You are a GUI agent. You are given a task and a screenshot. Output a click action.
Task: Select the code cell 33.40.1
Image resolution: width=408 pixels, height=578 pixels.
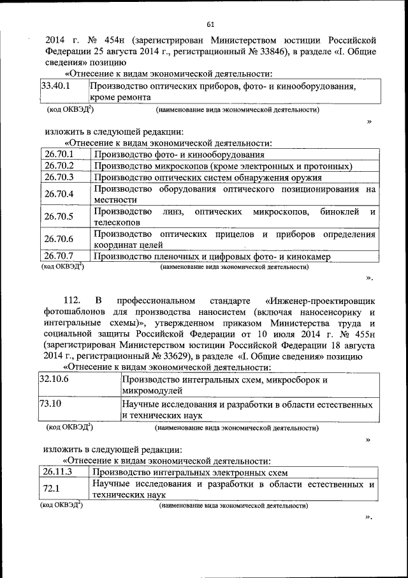(x=55, y=85)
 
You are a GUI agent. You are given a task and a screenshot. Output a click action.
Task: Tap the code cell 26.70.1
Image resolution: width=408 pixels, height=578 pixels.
(x=59, y=155)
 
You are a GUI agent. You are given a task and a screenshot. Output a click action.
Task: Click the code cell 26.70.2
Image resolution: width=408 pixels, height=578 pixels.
(x=59, y=166)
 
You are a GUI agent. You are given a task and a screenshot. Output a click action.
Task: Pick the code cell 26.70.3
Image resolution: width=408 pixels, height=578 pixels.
(x=59, y=178)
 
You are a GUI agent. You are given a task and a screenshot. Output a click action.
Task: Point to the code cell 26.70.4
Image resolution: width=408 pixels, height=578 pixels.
(x=59, y=194)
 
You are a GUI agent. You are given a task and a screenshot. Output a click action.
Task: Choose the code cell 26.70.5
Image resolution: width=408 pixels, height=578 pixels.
(x=59, y=217)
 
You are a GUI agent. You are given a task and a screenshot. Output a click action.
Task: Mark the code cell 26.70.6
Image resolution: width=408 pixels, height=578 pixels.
(x=59, y=239)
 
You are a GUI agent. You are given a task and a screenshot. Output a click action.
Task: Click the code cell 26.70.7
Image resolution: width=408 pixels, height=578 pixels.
(x=59, y=256)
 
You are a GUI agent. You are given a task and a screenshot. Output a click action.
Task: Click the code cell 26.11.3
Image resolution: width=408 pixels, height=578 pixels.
(x=58, y=473)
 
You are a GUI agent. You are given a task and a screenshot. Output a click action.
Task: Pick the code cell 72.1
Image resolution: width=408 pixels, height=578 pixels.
(x=52, y=489)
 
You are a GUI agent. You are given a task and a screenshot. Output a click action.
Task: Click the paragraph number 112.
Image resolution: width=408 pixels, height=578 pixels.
(x=74, y=300)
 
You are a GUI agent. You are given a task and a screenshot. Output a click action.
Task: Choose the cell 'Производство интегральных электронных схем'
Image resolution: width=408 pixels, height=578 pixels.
(x=191, y=473)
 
